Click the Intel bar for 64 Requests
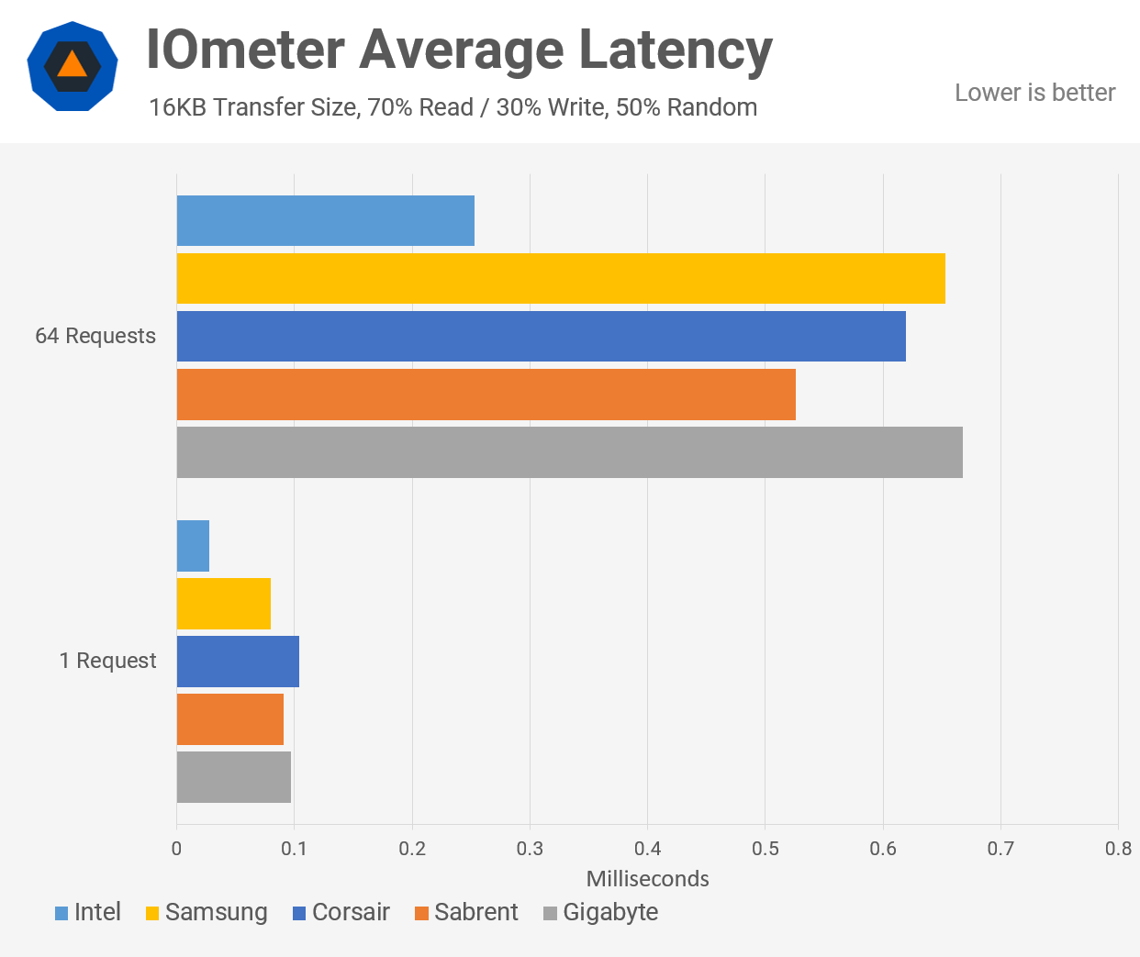click(x=325, y=220)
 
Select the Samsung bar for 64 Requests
click(x=560, y=278)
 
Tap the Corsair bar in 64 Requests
click(x=541, y=336)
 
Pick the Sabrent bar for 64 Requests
click(x=486, y=395)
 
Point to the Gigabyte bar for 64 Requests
click(x=569, y=452)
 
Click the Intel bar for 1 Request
click(x=193, y=546)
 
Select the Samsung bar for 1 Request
click(x=223, y=604)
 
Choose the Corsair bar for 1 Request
click(x=238, y=662)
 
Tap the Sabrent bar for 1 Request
click(x=229, y=719)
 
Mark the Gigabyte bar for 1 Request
click(x=233, y=777)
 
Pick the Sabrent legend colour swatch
click(x=422, y=913)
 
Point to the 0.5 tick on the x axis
click(x=766, y=848)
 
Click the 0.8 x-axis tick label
click(x=1118, y=848)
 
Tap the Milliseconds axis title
click(x=647, y=879)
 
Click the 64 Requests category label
click(x=95, y=336)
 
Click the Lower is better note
click(x=1034, y=93)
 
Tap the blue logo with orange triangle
click(x=72, y=66)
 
